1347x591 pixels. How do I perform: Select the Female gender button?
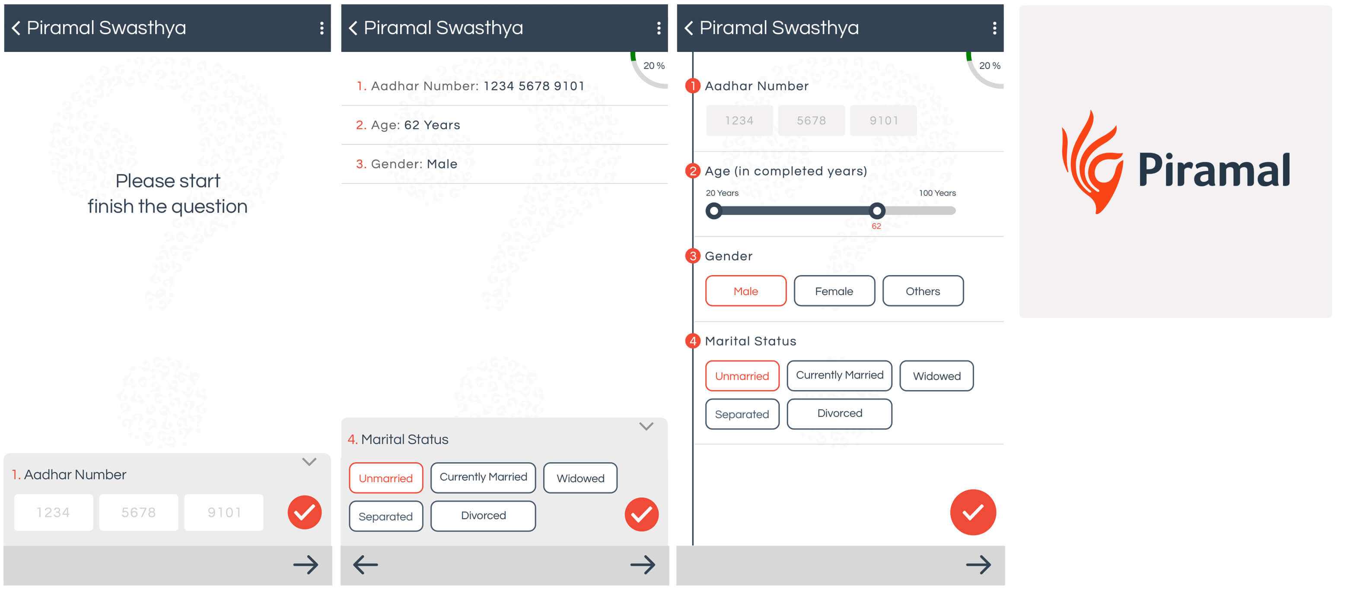(x=834, y=291)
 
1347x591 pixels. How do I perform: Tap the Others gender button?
(x=923, y=291)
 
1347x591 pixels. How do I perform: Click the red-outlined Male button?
(x=745, y=291)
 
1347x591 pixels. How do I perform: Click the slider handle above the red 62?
(x=877, y=210)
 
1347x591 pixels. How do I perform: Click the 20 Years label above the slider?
(x=722, y=193)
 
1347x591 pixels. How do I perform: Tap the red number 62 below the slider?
(x=876, y=226)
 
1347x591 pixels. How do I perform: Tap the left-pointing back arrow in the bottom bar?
(x=366, y=565)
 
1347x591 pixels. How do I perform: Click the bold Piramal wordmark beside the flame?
(x=1214, y=170)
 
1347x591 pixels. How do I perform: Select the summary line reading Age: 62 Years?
(x=408, y=125)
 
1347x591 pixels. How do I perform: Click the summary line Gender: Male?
(x=406, y=164)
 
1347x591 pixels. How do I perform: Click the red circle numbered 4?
(x=693, y=341)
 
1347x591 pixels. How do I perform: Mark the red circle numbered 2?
(x=693, y=171)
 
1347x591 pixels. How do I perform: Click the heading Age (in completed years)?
(x=786, y=172)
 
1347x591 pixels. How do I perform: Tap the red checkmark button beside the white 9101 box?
(x=304, y=513)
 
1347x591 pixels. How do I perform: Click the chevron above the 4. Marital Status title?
(x=646, y=426)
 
